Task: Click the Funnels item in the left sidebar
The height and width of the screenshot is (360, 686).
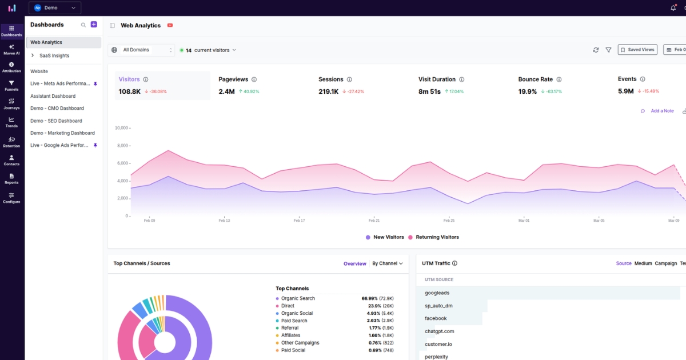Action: (x=11, y=86)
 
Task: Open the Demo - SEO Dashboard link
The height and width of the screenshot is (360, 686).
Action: (x=56, y=121)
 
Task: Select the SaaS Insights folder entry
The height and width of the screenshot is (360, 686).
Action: (x=54, y=55)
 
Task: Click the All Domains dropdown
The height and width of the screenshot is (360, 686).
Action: (x=141, y=50)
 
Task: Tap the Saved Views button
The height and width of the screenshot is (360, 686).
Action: (x=637, y=50)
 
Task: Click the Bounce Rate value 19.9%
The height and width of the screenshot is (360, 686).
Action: (x=528, y=91)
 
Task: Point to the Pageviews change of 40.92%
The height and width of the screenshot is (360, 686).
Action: (x=249, y=91)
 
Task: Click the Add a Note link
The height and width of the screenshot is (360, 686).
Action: (x=662, y=111)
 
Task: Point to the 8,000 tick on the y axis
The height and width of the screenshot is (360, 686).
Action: (x=122, y=146)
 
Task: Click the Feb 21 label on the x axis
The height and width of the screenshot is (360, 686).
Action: (x=374, y=221)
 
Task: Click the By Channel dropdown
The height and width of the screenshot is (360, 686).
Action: (x=387, y=263)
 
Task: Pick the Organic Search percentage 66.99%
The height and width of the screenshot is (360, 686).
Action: (x=370, y=298)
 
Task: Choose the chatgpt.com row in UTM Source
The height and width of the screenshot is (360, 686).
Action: (x=440, y=331)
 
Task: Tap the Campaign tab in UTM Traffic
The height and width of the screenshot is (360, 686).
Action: (x=665, y=263)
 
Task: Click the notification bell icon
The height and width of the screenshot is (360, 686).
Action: (x=673, y=8)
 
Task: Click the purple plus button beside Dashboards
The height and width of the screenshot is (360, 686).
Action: (x=94, y=25)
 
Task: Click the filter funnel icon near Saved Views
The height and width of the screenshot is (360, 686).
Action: (x=608, y=50)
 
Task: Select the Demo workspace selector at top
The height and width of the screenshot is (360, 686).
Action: (x=55, y=8)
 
